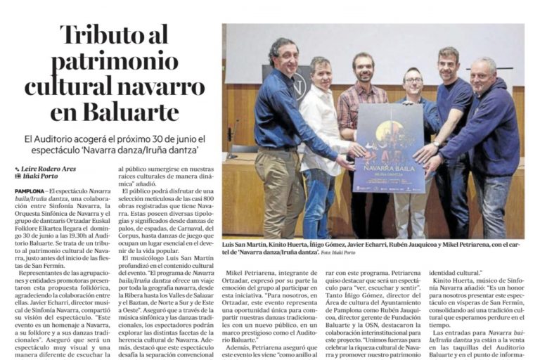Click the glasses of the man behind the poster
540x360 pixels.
pyautogui.click(x=413, y=81)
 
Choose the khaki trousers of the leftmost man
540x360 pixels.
pyautogui.click(x=279, y=190)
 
